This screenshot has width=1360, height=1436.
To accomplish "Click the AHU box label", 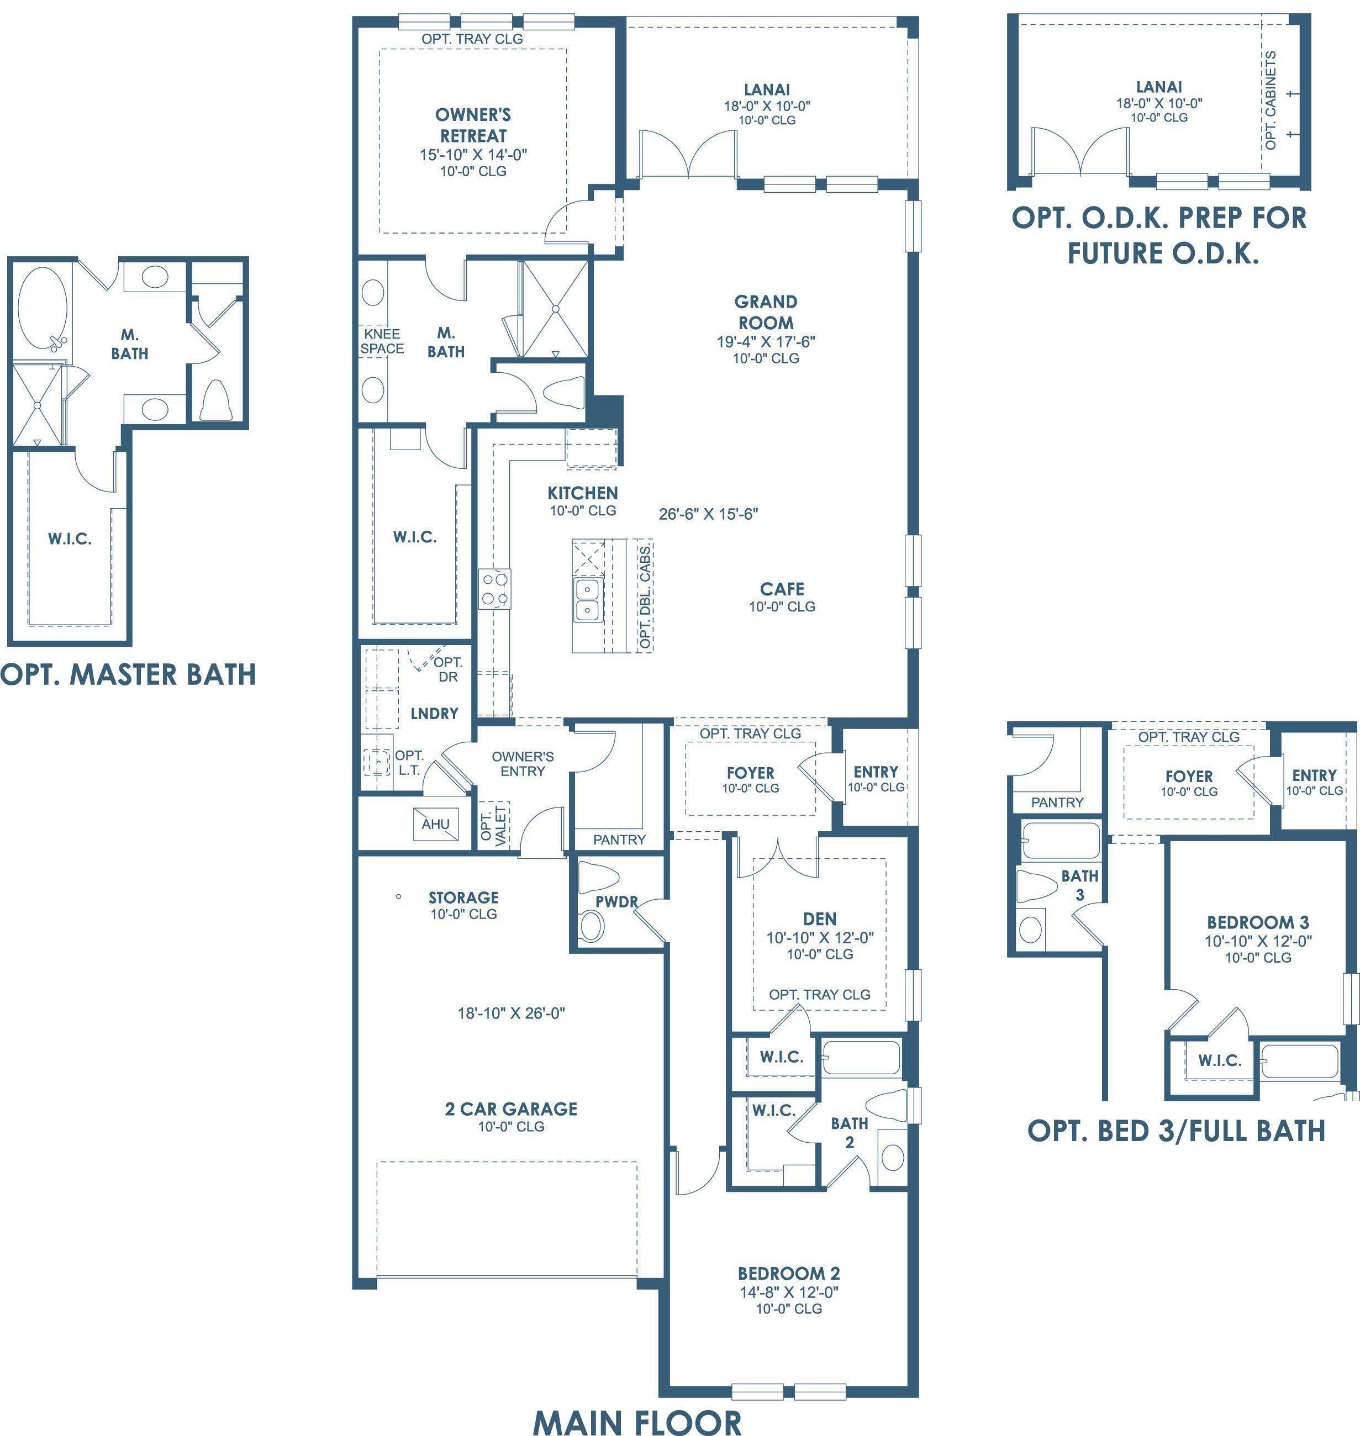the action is [x=436, y=824].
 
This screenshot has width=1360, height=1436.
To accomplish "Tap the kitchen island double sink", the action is [x=587, y=599].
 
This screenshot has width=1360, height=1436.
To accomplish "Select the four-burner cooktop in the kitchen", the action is [x=495, y=589].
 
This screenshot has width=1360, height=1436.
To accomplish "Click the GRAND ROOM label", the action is [x=766, y=313].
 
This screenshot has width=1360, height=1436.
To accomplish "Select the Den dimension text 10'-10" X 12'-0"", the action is [x=820, y=937].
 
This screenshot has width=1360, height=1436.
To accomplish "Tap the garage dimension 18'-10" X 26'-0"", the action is [x=511, y=1013].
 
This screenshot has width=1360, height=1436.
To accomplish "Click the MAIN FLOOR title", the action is [x=637, y=1422].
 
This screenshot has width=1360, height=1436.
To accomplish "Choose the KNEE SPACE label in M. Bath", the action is [x=382, y=341].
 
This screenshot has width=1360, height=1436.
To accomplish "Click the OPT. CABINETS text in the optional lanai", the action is [x=1270, y=100].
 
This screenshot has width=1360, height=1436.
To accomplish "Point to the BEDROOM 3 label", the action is [x=1258, y=922].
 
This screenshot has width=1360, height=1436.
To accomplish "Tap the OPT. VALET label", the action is [x=493, y=825].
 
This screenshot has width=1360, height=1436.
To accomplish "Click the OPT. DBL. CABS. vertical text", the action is [x=645, y=596].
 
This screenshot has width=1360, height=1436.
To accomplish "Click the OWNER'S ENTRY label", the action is [x=523, y=763].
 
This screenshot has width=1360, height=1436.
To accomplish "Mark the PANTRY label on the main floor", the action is [x=619, y=840].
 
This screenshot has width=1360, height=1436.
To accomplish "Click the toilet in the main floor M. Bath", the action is [x=563, y=392].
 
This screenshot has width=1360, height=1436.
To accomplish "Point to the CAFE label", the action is [x=782, y=589].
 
